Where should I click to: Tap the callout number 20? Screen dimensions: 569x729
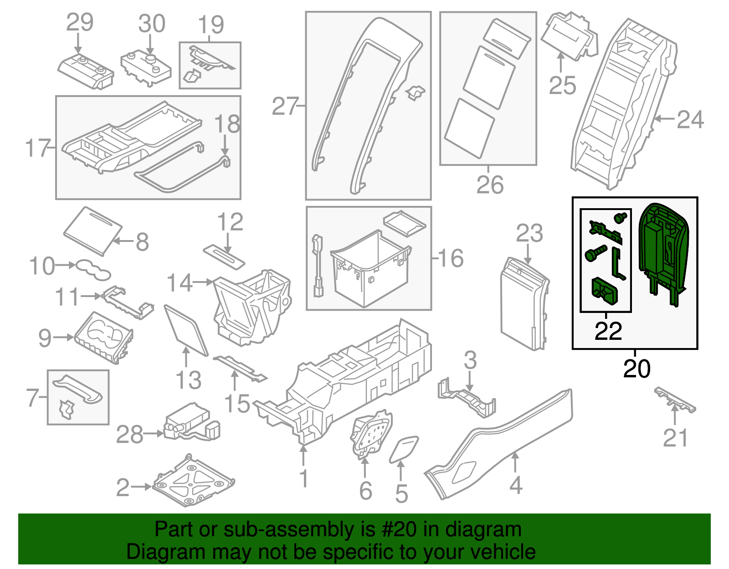(637, 369)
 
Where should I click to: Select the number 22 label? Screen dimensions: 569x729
(608, 331)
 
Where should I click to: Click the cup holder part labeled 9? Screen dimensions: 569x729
(104, 337)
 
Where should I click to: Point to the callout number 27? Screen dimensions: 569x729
(285, 107)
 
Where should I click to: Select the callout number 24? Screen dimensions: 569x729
(690, 119)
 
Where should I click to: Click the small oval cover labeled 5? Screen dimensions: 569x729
(403, 449)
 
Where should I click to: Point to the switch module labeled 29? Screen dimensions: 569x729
(86, 72)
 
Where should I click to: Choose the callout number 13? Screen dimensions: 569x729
(188, 380)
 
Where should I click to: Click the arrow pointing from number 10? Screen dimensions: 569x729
(67, 265)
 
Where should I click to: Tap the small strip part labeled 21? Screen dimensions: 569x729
(675, 400)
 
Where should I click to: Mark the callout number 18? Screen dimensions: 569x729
(227, 124)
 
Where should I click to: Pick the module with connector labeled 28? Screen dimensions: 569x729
(187, 421)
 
